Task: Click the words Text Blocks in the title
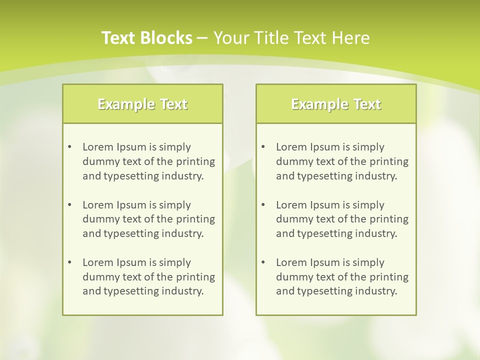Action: tap(147, 38)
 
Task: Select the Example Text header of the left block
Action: tap(142, 104)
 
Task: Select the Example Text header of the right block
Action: tap(336, 104)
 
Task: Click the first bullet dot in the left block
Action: tap(69, 147)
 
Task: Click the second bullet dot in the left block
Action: tap(69, 205)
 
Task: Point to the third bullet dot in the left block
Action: tap(69, 262)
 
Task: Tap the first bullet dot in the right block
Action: tap(263, 147)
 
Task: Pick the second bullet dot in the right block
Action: tap(263, 205)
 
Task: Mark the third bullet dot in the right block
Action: tap(263, 262)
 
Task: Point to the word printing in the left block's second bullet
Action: tap(196, 219)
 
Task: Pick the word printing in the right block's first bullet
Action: tap(389, 161)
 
